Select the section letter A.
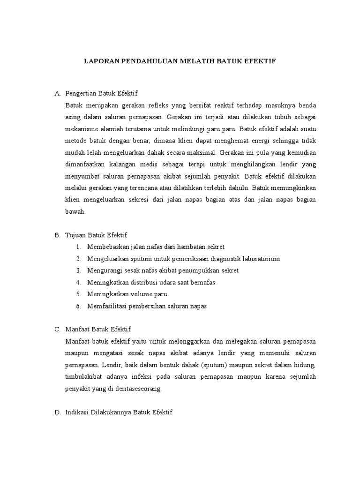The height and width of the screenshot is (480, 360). [57, 93]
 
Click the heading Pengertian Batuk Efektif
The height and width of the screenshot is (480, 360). [101, 93]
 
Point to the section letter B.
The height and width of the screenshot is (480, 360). [57, 234]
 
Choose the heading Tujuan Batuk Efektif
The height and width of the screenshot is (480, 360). [97, 234]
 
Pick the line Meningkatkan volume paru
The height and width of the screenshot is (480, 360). [127, 294]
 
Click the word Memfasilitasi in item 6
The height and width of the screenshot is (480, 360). [106, 306]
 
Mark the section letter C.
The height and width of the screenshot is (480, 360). [57, 330]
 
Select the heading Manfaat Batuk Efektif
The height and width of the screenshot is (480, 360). [98, 330]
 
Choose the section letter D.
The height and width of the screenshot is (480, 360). [57, 412]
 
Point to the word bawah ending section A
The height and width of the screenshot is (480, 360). [75, 211]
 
